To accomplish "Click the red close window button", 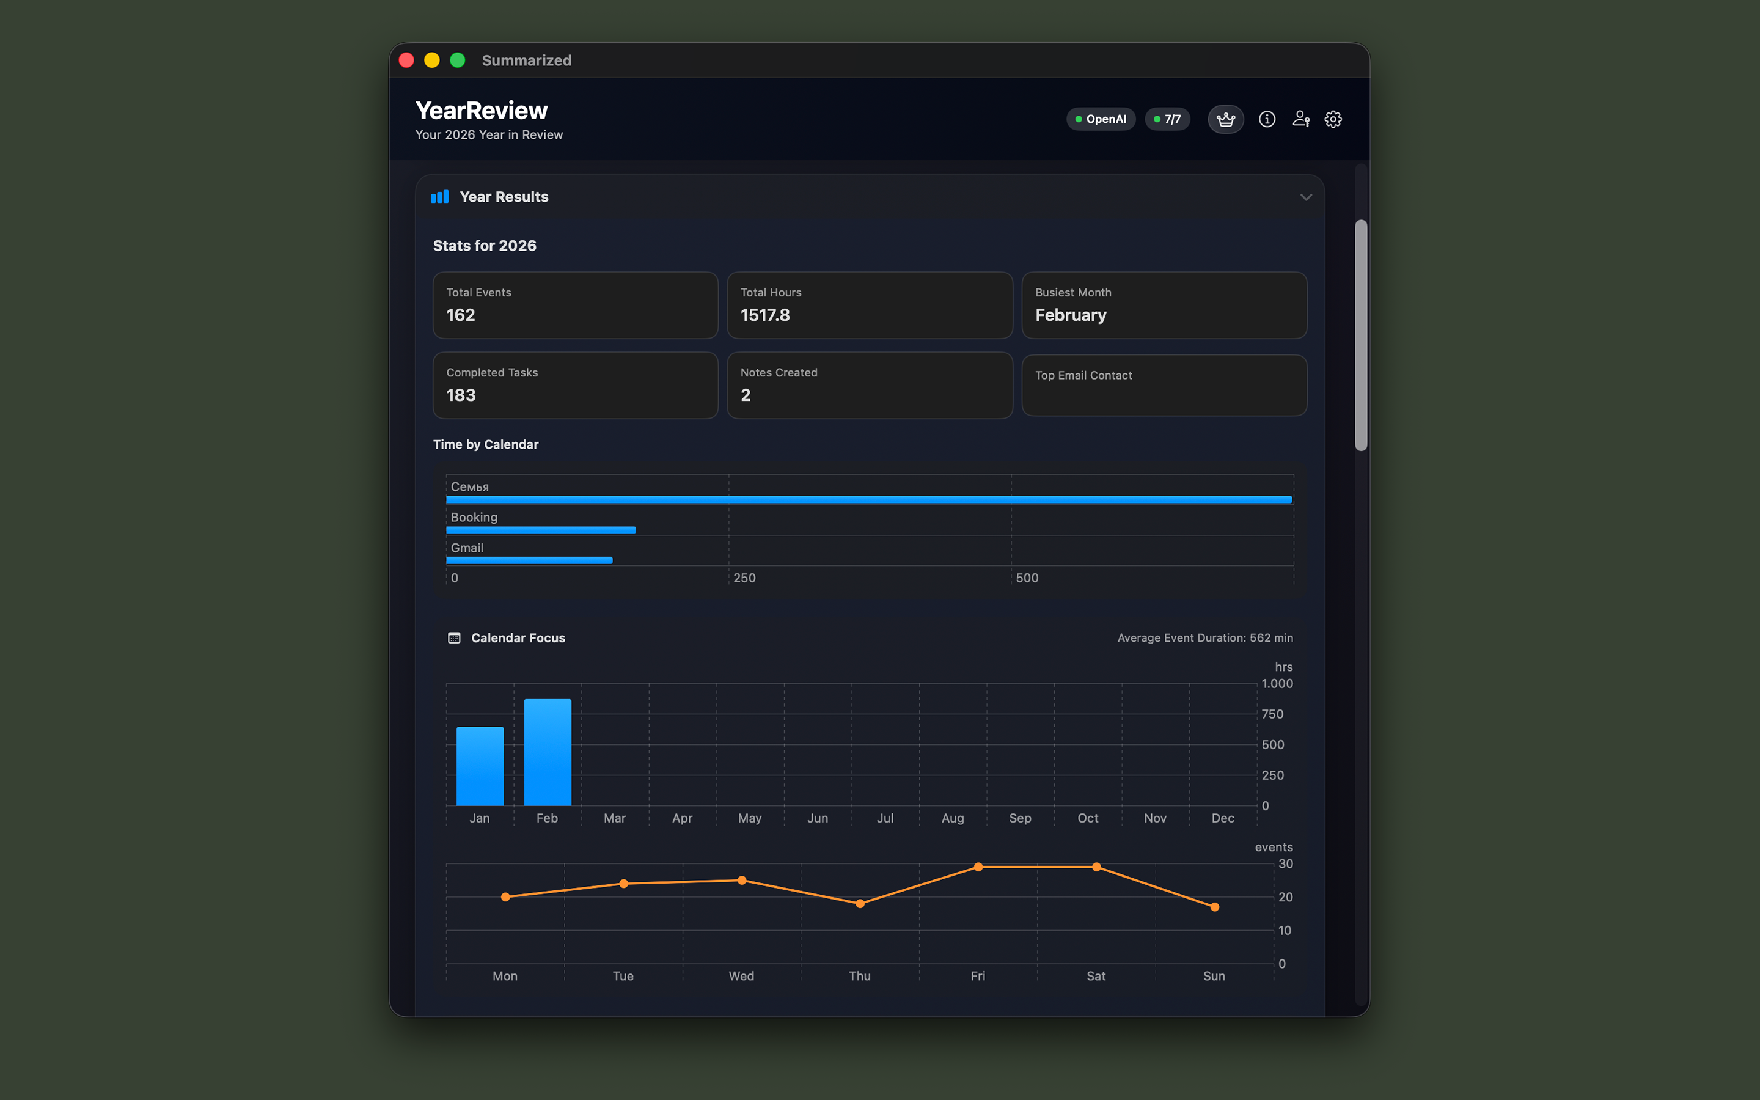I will click(406, 61).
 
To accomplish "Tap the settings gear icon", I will click(1332, 119).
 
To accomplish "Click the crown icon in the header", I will click(1225, 119).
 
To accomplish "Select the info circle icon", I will click(1267, 119).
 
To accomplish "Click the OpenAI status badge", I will click(1101, 119).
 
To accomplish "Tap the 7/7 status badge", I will click(1167, 119).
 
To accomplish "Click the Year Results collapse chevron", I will click(1305, 197).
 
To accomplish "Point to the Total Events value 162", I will click(460, 315).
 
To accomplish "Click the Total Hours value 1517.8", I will click(765, 315).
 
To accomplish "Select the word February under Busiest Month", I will click(1071, 315).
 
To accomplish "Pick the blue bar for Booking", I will click(540, 530).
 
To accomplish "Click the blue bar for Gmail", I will click(529, 560).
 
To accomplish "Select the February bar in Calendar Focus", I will click(548, 752).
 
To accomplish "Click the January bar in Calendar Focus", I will click(480, 766).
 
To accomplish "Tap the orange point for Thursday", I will click(860, 904).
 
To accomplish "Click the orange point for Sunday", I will click(1214, 908).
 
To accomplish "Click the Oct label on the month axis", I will click(1087, 818).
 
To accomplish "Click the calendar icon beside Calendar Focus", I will click(454, 638).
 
